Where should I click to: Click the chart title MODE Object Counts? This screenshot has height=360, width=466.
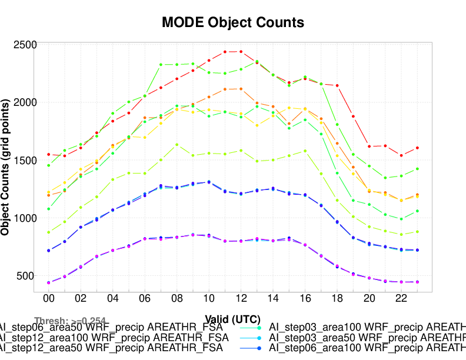pyautogui.click(x=233, y=23)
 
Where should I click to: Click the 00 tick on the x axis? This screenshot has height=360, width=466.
pyautogui.click(x=48, y=299)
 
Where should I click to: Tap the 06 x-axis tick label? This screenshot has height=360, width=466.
pyautogui.click(x=145, y=299)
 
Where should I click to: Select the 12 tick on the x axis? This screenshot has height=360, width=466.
pyautogui.click(x=241, y=299)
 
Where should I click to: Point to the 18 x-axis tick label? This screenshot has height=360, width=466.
pyautogui.click(x=337, y=299)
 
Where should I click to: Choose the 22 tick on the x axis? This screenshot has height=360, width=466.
pyautogui.click(x=401, y=299)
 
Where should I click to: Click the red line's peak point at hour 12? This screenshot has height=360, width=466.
pyautogui.click(x=241, y=52)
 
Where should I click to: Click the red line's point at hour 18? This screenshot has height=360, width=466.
pyautogui.click(x=337, y=86)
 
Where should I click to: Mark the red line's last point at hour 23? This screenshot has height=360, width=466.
pyautogui.click(x=417, y=148)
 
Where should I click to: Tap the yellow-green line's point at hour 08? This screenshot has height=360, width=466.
pyautogui.click(x=177, y=145)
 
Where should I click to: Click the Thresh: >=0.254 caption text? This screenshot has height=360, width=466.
pyautogui.click(x=70, y=321)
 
